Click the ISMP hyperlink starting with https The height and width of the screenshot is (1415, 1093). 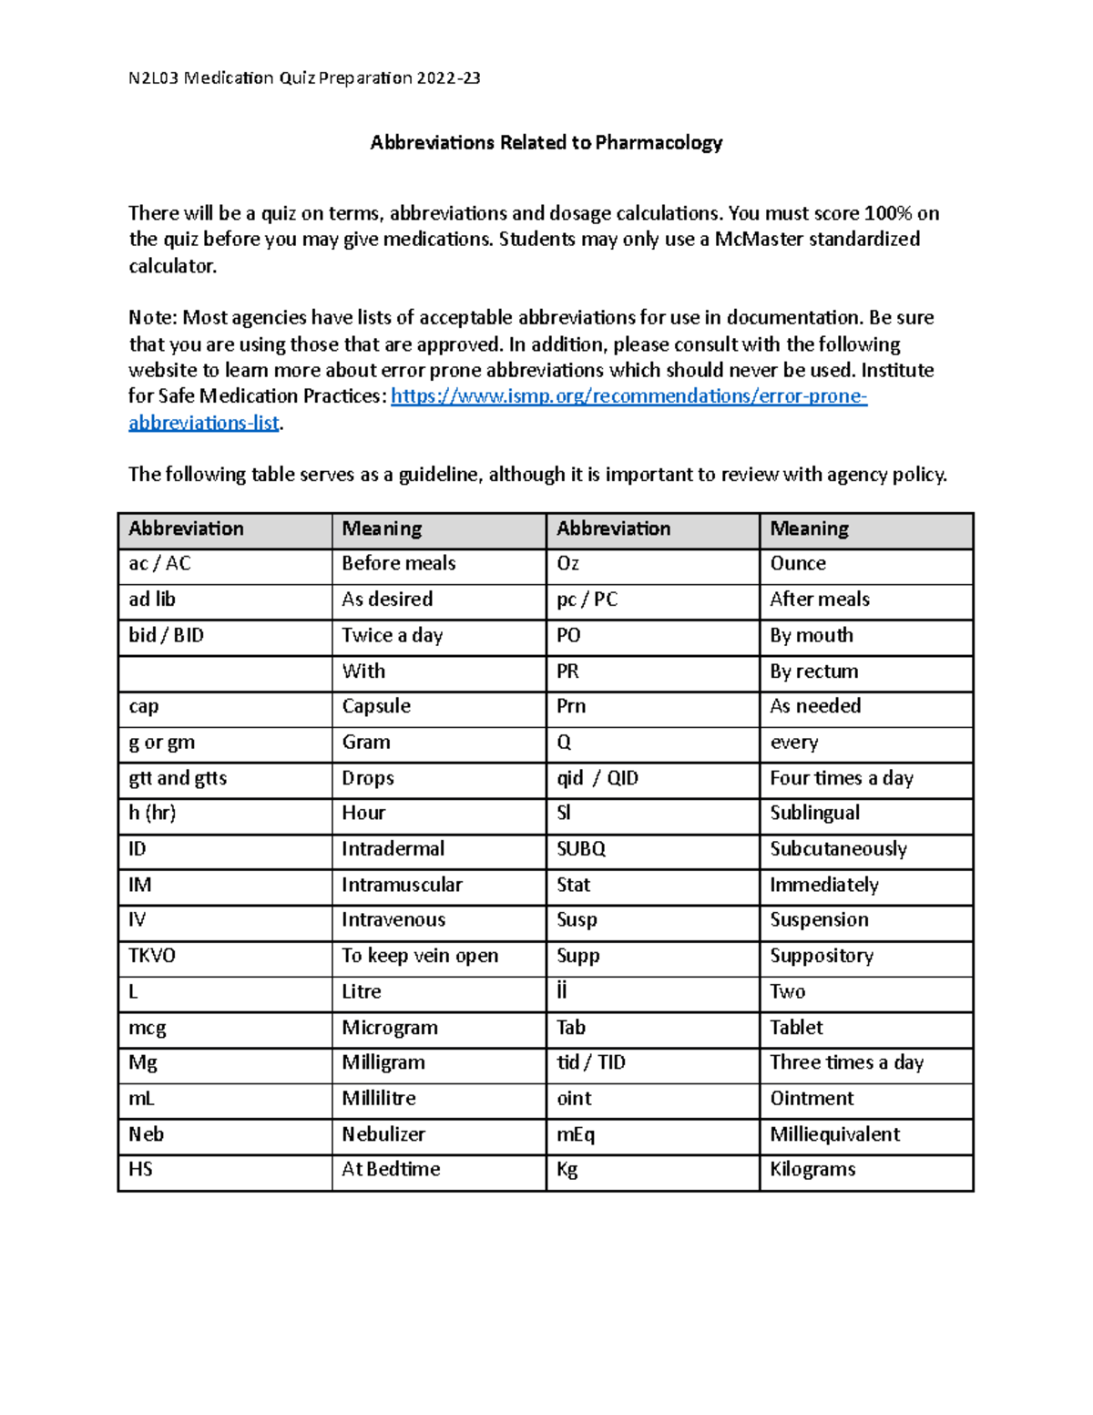point(628,396)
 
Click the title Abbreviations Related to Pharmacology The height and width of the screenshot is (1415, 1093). point(546,143)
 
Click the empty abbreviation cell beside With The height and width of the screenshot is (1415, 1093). point(224,672)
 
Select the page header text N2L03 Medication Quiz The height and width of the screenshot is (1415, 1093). point(304,78)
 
